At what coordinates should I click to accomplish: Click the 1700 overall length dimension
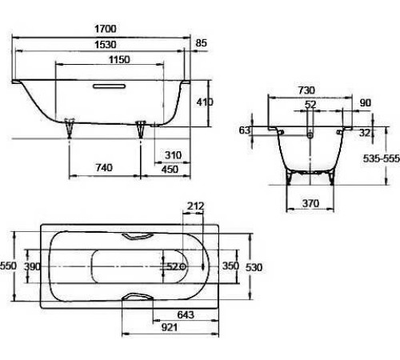[106, 29]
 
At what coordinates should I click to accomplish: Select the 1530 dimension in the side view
[106, 45]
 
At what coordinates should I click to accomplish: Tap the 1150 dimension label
[119, 59]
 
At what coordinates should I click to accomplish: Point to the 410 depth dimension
[205, 102]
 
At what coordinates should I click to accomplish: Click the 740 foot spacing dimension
[104, 167]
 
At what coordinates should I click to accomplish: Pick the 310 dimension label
[173, 155]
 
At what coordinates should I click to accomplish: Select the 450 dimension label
[170, 169]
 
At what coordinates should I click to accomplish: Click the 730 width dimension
[306, 90]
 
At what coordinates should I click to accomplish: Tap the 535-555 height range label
[382, 158]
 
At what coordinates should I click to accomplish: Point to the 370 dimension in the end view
[310, 203]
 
